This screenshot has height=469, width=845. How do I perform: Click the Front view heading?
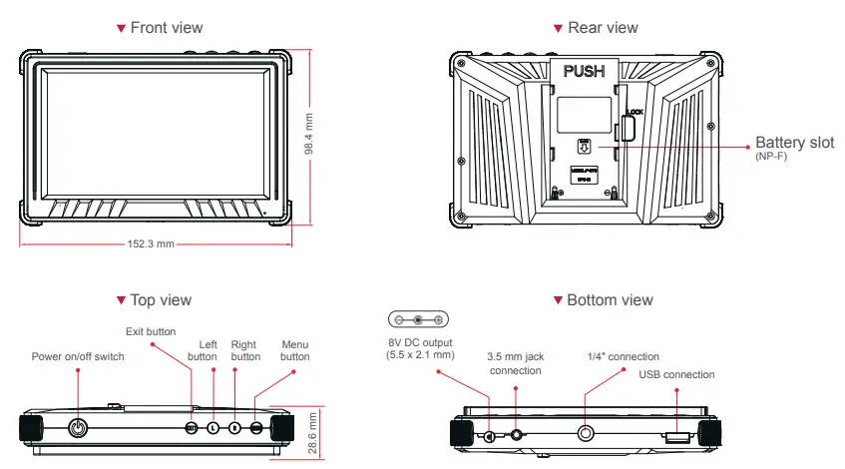coord(165,27)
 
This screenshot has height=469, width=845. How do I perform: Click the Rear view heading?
coord(602,27)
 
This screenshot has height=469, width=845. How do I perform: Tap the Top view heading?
coord(160,299)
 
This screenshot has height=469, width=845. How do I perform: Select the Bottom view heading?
coord(609,299)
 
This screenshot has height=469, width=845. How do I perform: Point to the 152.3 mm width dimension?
coord(152,242)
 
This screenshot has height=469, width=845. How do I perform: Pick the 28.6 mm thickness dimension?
coord(311,431)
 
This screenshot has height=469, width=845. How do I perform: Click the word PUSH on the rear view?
coord(585,72)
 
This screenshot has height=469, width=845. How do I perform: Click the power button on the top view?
coord(79,428)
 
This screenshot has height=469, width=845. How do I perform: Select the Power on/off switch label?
coord(78,356)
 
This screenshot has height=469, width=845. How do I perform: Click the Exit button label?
coord(151,331)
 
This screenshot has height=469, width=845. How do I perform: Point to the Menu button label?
coord(295,349)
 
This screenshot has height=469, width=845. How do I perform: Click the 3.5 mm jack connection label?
coord(515,363)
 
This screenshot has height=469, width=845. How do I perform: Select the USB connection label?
coord(676,374)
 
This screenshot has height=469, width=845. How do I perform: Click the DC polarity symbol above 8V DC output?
coord(418,320)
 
